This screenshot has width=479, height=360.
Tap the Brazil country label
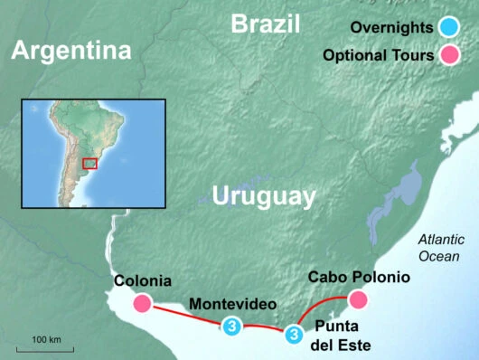tap(265, 24)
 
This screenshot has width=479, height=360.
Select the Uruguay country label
tap(263, 196)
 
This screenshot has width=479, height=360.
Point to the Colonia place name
tap(143, 280)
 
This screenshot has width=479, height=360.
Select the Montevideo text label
tap(234, 303)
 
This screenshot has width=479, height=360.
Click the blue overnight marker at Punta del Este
tap(293, 335)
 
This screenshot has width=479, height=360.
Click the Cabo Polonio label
tap(359, 277)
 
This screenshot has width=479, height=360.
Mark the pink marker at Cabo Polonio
tap(358, 299)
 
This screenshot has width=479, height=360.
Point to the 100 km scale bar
tap(45, 346)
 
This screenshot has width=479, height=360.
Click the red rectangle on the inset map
tap(89, 163)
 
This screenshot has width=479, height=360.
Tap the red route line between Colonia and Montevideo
tap(186, 315)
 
